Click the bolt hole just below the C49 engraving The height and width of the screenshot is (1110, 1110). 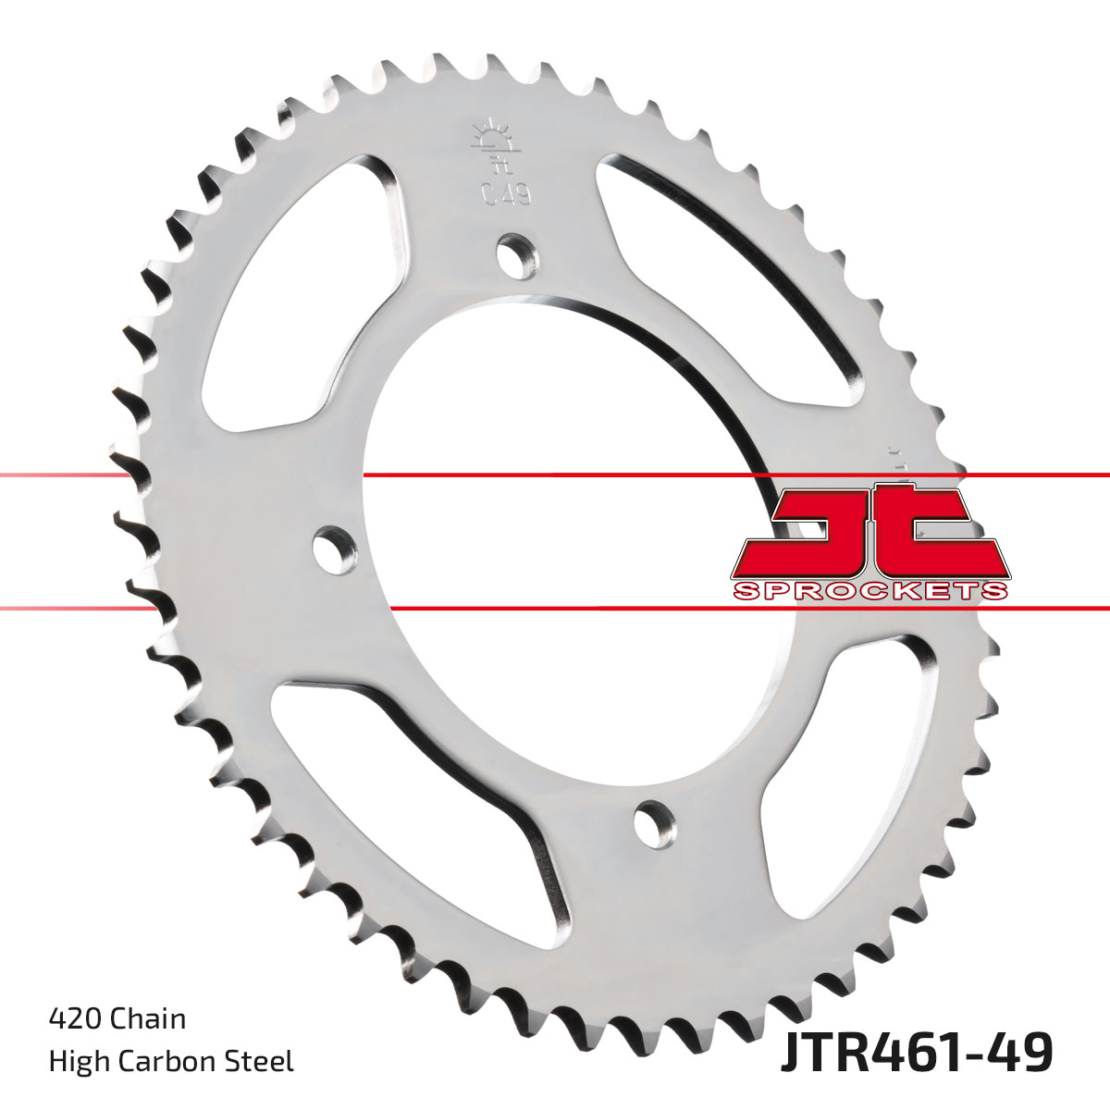[x=516, y=253]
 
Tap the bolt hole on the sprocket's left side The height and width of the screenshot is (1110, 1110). [x=335, y=549]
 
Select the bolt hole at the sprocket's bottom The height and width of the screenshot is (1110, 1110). [x=655, y=821]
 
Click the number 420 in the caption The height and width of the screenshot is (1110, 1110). [x=75, y=1018]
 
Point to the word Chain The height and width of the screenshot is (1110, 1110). [x=147, y=1018]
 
